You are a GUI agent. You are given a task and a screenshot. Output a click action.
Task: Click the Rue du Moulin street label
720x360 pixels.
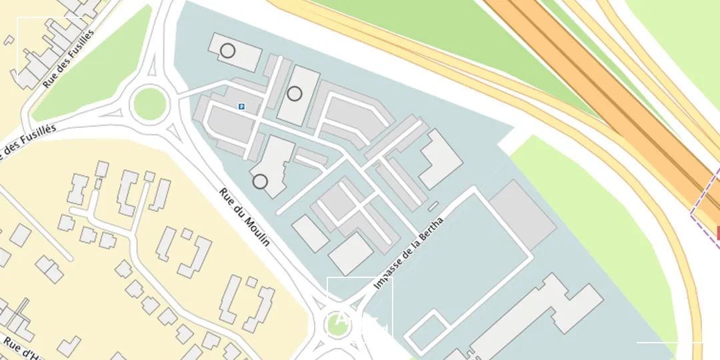[245, 217]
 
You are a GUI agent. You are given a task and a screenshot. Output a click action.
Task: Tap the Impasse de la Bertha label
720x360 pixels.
[409, 252]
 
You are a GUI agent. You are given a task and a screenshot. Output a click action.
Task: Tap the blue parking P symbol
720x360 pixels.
[241, 105]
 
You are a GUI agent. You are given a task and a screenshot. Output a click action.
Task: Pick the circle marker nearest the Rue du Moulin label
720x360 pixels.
[260, 181]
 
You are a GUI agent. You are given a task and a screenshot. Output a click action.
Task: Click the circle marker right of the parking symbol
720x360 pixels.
[295, 94]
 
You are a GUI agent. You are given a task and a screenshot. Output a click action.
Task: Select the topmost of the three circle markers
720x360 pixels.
[227, 51]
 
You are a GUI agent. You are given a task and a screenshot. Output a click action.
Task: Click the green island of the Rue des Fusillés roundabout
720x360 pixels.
[149, 104]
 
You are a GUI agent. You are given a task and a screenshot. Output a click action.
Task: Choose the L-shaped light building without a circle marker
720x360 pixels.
[439, 159]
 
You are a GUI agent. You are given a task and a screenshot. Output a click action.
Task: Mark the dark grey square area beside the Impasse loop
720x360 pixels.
[523, 213]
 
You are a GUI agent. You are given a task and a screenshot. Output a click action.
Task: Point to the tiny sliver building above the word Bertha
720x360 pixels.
[433, 206]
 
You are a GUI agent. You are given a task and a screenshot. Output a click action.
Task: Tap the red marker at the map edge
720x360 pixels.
[717, 233]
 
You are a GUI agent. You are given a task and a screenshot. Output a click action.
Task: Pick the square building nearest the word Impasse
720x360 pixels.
[351, 253]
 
